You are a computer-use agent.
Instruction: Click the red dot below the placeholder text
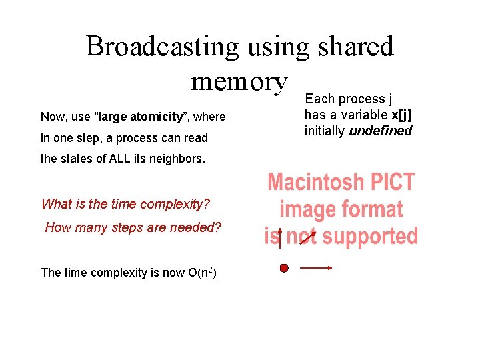pyautogui.click(x=283, y=268)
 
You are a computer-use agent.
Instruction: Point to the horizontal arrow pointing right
pyautogui.click(x=316, y=268)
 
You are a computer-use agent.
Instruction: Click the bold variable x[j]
pyautogui.click(x=397, y=115)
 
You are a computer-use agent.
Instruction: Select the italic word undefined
pyautogui.click(x=381, y=131)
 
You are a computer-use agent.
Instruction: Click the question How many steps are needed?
pyautogui.click(x=132, y=227)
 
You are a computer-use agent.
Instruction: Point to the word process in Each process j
pyautogui.click(x=357, y=99)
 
